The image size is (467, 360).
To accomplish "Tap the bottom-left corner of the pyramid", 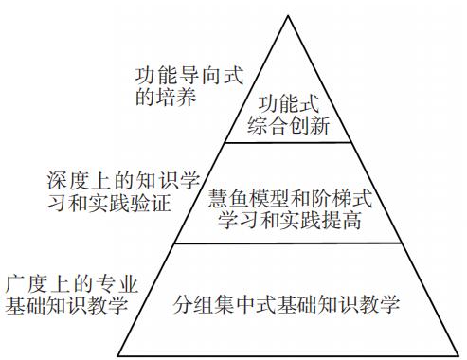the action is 117,355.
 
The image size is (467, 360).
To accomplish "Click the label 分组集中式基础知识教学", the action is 288,306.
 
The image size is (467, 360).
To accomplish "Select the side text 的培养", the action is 166,96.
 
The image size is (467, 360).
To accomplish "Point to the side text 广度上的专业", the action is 72,282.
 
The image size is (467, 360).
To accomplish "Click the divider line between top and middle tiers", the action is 288,142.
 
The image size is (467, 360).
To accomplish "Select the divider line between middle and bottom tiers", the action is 288,243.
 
